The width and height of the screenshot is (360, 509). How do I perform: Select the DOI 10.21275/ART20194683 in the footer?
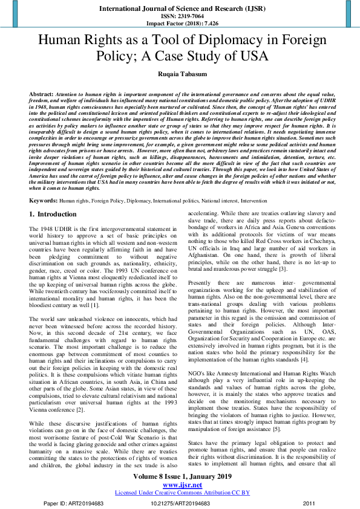tap(179, 502)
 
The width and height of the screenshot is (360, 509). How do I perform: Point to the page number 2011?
tap(309, 502)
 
